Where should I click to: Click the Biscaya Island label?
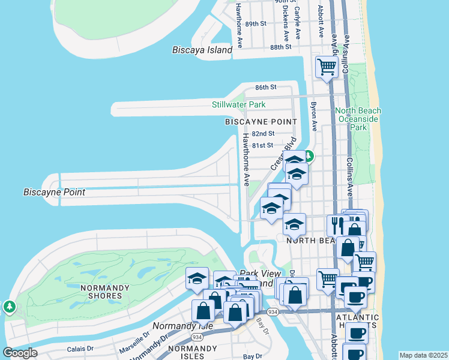(x=202, y=50)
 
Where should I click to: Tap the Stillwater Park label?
(x=238, y=105)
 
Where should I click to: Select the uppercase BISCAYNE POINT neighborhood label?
(x=261, y=122)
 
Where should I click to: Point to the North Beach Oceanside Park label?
(x=358, y=119)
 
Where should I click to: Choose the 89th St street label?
(x=256, y=24)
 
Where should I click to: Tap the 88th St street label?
(x=280, y=47)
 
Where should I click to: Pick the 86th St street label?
(x=265, y=88)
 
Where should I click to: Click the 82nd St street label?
(x=263, y=134)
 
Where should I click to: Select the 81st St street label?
(x=262, y=145)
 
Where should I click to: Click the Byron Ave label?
(x=313, y=116)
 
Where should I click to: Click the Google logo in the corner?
(x=20, y=352)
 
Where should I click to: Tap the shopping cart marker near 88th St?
(x=327, y=67)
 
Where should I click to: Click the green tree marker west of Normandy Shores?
(x=10, y=307)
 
